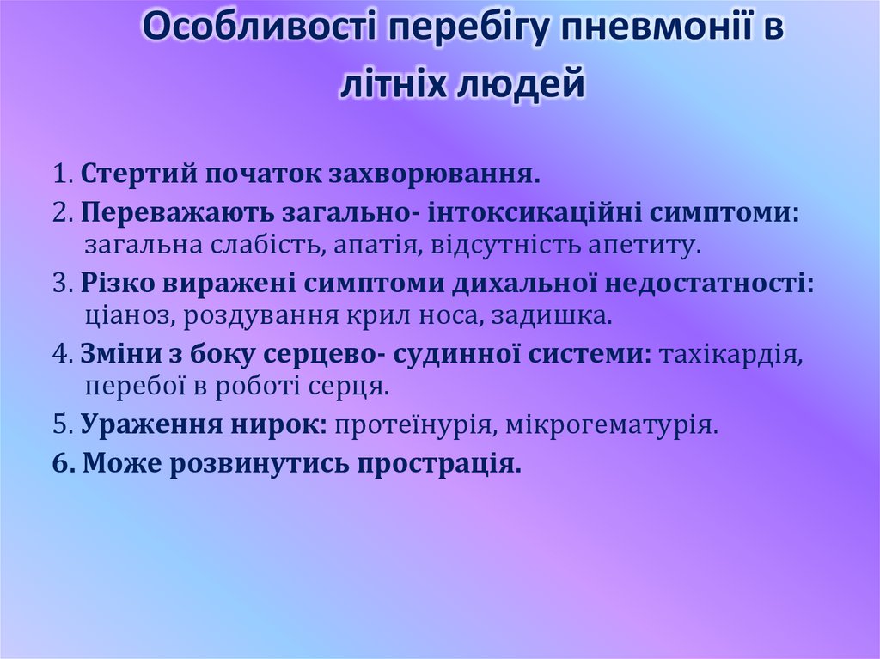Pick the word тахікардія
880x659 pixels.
point(731,352)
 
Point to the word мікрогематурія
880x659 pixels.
point(611,423)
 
